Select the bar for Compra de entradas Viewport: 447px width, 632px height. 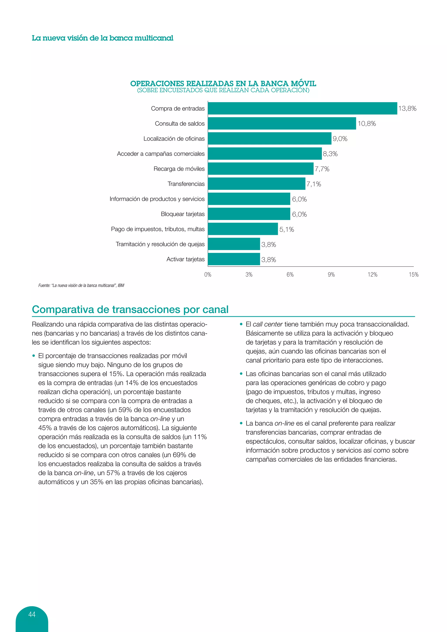(302, 108)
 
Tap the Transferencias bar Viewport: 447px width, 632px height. (256, 184)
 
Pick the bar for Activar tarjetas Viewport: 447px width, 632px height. (234, 259)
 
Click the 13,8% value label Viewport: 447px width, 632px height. (407, 108)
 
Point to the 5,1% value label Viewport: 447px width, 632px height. (287, 229)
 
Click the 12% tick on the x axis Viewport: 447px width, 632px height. (372, 275)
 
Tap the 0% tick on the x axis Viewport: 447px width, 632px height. (208, 275)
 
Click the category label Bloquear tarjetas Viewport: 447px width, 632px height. (182, 214)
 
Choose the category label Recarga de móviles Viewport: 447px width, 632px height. (179, 169)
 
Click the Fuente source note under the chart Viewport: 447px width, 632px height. (81, 285)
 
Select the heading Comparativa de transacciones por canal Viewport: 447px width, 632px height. (130, 309)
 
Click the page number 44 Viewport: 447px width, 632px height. (32, 614)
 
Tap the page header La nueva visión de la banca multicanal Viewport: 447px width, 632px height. (102, 38)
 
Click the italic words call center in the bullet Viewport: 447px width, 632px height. (268, 324)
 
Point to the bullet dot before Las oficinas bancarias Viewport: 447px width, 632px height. (241, 374)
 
